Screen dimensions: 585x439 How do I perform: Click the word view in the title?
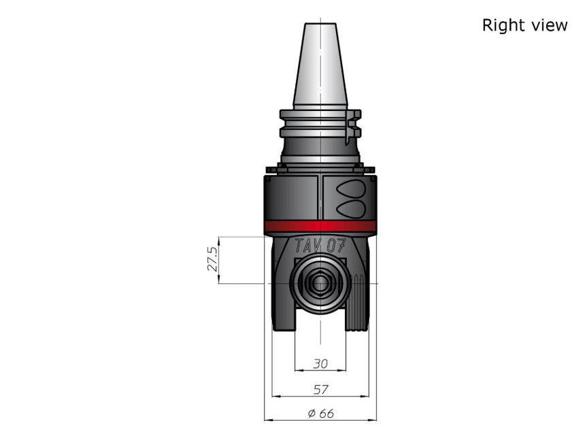[548, 25]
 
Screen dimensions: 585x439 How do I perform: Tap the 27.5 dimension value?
[212, 259]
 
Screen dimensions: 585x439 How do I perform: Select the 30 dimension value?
[320, 363]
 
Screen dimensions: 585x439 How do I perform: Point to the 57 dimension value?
[320, 389]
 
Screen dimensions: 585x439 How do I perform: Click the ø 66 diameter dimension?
[320, 413]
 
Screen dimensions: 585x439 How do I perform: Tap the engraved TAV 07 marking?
[320, 246]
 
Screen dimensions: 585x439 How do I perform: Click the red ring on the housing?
[320, 227]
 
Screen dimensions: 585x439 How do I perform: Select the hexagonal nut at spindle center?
[320, 283]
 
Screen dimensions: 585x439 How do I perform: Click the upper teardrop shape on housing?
[351, 189]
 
